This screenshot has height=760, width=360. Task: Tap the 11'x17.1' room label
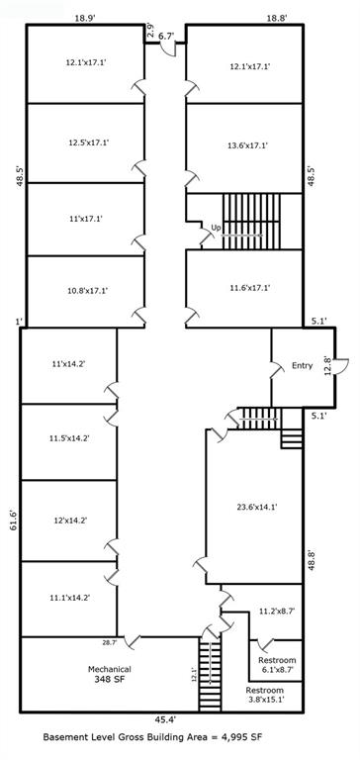point(85,219)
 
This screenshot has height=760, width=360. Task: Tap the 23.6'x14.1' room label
point(255,507)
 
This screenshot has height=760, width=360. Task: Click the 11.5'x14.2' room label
point(69,437)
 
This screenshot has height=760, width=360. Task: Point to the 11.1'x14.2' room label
point(69,598)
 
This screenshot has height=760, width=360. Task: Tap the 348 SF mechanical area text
point(109,680)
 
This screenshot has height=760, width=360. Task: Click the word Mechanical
point(109,669)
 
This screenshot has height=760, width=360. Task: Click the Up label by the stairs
point(216,228)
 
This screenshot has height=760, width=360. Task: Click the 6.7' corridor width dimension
point(165,36)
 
